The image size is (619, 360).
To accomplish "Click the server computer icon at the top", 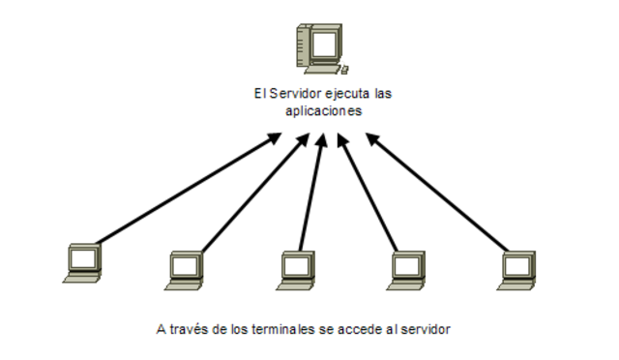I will click(321, 49).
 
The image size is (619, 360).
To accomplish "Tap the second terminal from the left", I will click(185, 268).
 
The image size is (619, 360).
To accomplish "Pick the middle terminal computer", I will click(295, 268).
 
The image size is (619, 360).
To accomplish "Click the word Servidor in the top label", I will click(285, 95).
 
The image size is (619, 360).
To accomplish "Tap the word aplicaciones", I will click(324, 111).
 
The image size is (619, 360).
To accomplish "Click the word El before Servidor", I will click(252, 95).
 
